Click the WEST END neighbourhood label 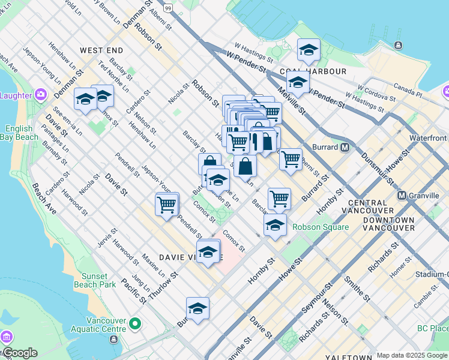101,50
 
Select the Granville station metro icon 402,196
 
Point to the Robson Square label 321,227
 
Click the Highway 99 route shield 169,8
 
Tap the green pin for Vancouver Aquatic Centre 136,325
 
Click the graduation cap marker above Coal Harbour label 309,50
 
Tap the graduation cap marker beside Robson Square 275,225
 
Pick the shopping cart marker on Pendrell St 166,204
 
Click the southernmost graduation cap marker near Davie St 197,308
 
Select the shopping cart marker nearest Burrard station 291,160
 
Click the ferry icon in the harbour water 398,46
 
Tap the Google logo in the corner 19,353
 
